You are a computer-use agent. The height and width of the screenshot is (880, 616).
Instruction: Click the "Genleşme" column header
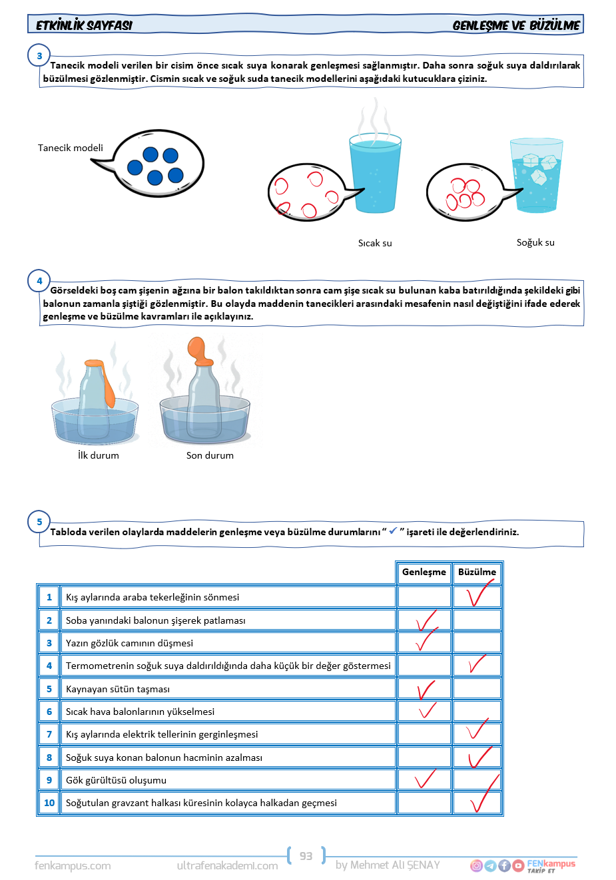(x=424, y=572)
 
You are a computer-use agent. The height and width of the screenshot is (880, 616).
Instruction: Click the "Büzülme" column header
(x=477, y=572)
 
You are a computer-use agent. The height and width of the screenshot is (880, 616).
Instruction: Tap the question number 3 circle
(x=39, y=56)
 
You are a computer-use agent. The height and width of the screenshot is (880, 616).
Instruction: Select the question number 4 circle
(x=39, y=281)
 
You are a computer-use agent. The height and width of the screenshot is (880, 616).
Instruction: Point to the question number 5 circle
(x=39, y=522)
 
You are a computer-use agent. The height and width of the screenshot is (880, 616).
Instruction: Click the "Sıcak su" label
(x=375, y=243)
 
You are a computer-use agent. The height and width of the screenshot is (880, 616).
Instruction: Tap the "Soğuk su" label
(x=535, y=242)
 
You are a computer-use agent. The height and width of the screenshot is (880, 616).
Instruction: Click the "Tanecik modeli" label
(x=71, y=148)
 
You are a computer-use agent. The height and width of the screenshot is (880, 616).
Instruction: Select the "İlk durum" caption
(x=99, y=455)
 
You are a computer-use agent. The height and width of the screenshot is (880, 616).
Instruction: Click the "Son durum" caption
(x=210, y=455)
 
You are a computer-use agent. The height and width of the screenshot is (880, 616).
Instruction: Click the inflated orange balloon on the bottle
(x=198, y=349)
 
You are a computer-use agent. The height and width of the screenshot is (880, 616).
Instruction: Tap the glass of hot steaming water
(x=375, y=173)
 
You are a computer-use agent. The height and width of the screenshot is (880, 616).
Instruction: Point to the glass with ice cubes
(x=536, y=176)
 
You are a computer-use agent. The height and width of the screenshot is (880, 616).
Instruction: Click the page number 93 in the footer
(x=306, y=856)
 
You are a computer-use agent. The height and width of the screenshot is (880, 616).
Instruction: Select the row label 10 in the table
(x=49, y=803)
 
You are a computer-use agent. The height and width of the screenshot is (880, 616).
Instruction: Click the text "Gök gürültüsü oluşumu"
(x=116, y=780)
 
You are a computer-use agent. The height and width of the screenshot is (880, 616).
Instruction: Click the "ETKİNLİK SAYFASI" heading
(x=84, y=25)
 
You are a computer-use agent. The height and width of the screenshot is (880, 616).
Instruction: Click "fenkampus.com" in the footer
(x=73, y=865)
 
